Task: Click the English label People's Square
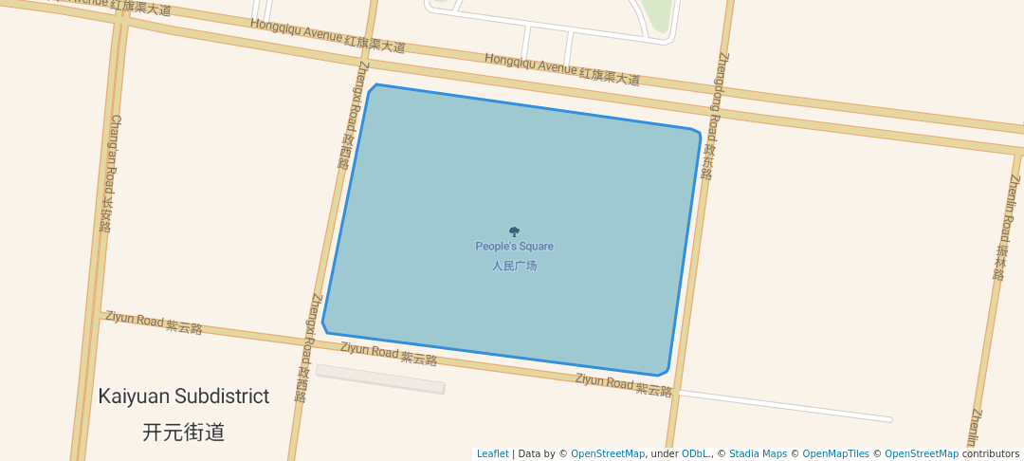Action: [514, 247]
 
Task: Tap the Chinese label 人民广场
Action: [514, 266]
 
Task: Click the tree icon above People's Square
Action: [514, 231]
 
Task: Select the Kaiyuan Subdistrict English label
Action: [184, 396]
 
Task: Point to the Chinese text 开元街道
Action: [184, 433]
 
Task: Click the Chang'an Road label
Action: [111, 174]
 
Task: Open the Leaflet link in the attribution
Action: [492, 453]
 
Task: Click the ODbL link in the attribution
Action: [696, 453]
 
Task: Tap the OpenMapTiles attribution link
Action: [835, 453]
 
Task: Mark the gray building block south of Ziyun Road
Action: [380, 378]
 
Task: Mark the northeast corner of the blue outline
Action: [697, 132]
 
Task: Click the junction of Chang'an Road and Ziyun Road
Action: [95, 314]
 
